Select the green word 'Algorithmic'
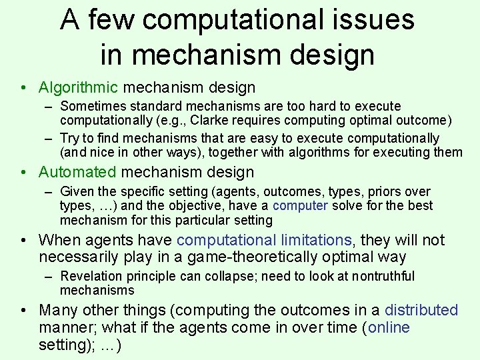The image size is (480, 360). point(78,87)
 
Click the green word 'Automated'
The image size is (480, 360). point(77,172)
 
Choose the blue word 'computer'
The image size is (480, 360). point(300,205)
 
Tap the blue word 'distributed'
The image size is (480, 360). point(421,310)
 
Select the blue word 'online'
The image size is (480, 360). point(389,327)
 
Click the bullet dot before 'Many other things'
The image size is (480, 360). point(23,310)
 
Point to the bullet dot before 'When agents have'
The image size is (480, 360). point(23,240)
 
